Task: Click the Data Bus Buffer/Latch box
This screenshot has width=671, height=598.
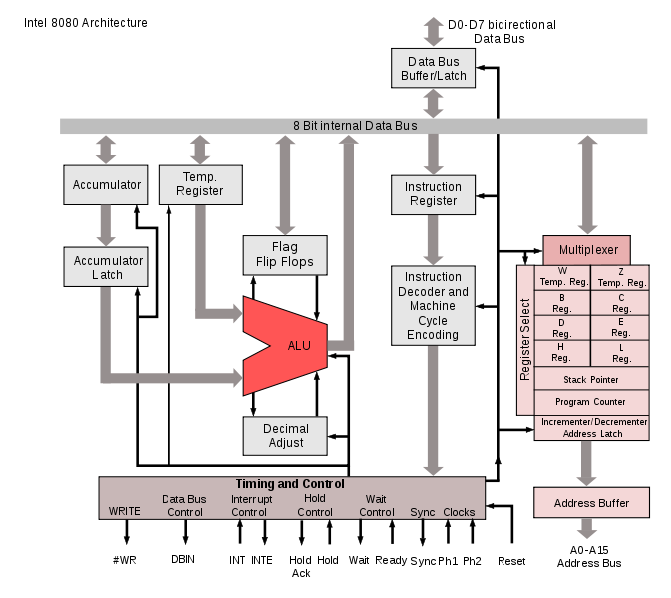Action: point(433,69)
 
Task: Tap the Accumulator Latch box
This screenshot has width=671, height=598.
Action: point(107,267)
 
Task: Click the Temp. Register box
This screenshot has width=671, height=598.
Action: point(200,184)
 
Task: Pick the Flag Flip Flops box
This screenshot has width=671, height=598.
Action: point(285,255)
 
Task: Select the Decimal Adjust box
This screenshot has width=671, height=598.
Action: point(286,436)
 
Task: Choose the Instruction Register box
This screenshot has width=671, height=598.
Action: point(433,193)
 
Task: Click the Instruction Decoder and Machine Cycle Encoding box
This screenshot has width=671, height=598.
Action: point(433,306)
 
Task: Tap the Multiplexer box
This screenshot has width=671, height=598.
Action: point(587,249)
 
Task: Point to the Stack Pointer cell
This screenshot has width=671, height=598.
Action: point(591,379)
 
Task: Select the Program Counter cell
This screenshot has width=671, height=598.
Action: point(591,402)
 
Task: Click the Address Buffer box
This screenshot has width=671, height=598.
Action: point(591,503)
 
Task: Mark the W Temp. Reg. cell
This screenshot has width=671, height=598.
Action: point(562,276)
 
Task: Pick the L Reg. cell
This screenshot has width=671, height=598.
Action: point(621,353)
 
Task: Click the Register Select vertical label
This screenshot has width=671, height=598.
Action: point(525,339)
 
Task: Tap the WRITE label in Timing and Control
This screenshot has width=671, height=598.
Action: point(124,512)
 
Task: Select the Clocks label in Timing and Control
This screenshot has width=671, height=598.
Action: point(459,512)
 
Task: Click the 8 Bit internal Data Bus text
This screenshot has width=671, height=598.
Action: point(355,126)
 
